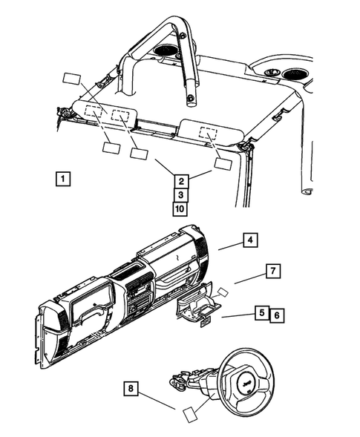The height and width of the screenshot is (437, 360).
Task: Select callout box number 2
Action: point(180,179)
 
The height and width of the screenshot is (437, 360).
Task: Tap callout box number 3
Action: point(180,194)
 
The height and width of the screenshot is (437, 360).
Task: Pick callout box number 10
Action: point(180,208)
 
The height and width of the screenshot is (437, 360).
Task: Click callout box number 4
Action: point(250,240)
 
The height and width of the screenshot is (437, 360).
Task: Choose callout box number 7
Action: point(272,272)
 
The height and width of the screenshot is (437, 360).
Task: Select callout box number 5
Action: point(261,314)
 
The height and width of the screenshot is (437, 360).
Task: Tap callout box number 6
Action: point(276,314)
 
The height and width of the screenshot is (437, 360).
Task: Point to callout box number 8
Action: point(131,388)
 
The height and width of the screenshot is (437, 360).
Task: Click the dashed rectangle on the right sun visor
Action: point(208,134)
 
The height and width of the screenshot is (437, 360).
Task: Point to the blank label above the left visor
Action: point(72,79)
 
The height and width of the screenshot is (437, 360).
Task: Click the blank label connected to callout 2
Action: point(223,165)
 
